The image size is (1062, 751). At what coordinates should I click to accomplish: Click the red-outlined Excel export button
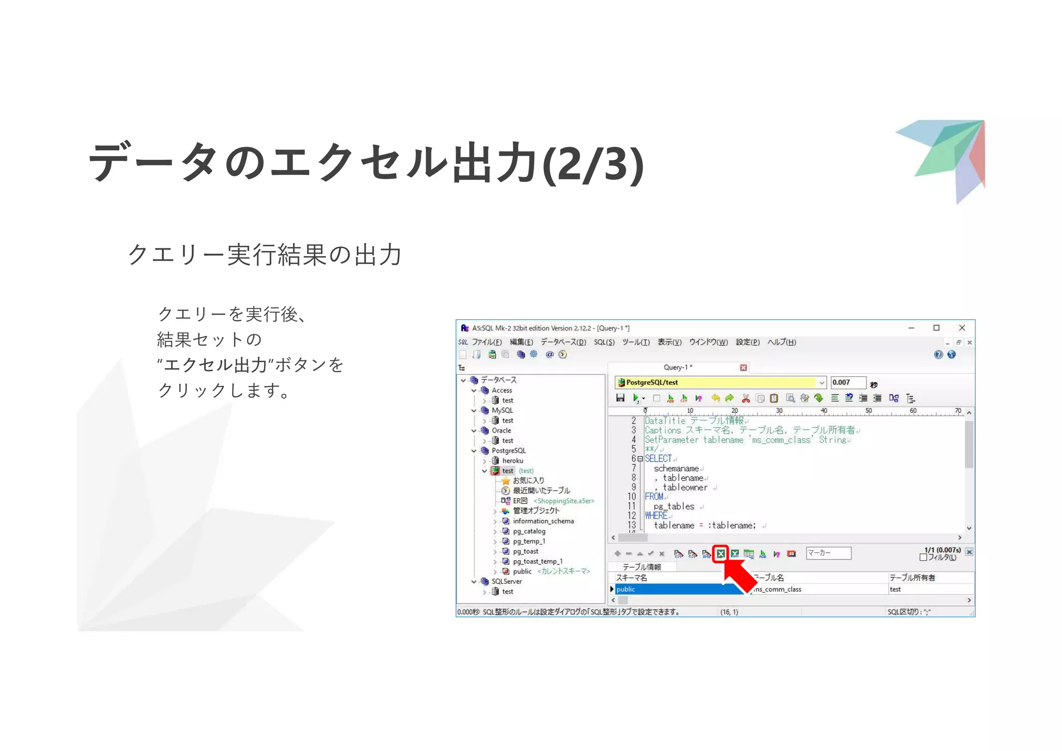(x=721, y=554)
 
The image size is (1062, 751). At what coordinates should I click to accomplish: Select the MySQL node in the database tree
(x=502, y=410)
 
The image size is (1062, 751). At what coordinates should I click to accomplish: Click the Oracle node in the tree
(x=501, y=430)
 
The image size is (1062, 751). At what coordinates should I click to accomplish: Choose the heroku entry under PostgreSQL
(x=512, y=461)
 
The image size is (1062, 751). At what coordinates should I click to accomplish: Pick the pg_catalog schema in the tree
(x=529, y=531)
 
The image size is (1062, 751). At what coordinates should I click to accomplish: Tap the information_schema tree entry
(x=543, y=521)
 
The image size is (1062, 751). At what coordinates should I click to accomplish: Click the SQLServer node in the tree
(x=507, y=581)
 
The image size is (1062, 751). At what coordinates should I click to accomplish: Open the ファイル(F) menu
(x=486, y=342)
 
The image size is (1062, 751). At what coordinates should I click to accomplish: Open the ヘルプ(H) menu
(x=781, y=342)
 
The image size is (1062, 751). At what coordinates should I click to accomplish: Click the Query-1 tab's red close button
(x=743, y=368)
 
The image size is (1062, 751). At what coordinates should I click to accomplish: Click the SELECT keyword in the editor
(x=658, y=459)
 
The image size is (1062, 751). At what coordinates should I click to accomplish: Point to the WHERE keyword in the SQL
(x=656, y=516)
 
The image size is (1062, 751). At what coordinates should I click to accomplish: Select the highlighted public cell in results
(x=674, y=589)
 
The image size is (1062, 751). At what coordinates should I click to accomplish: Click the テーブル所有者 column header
(x=912, y=578)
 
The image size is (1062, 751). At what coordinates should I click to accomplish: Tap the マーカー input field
(x=828, y=553)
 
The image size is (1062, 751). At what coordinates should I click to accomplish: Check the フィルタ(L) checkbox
(x=923, y=558)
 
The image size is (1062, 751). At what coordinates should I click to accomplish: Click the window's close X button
(x=962, y=328)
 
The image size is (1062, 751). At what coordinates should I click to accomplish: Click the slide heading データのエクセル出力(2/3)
(x=366, y=163)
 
